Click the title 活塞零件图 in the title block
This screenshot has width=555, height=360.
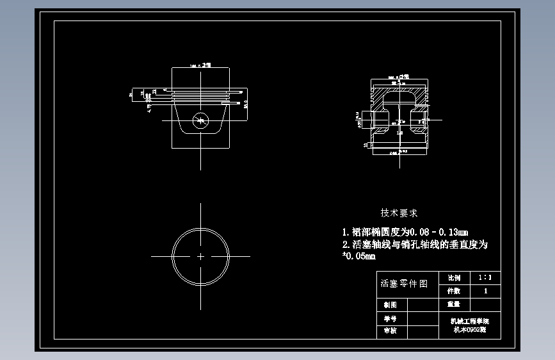(404, 283)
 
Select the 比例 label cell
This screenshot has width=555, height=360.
(453, 278)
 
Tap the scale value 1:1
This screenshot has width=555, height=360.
(485, 278)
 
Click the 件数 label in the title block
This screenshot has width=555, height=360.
(453, 291)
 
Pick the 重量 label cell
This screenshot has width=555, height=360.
(453, 304)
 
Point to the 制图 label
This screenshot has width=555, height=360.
(390, 305)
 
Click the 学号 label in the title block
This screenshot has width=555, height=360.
(390, 318)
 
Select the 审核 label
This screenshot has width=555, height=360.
(390, 331)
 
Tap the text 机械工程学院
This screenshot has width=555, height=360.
(469, 320)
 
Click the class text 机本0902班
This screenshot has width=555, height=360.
(469, 330)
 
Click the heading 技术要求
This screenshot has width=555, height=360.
(399, 213)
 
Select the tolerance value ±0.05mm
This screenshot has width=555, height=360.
(359, 256)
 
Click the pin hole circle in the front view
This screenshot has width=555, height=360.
(201, 120)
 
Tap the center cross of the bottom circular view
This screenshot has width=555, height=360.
(201, 256)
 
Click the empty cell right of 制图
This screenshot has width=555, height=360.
(422, 305)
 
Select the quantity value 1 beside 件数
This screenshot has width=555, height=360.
(485, 291)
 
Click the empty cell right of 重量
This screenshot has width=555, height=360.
(485, 304)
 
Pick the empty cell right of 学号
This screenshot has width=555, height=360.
(422, 318)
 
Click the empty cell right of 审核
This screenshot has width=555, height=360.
(422, 331)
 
